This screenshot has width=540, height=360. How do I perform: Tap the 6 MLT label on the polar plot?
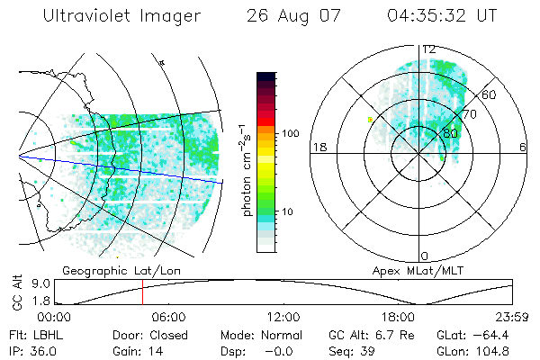click(523, 148)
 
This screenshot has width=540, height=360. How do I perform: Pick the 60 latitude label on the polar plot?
click(490, 94)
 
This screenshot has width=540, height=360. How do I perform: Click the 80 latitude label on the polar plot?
click(450, 134)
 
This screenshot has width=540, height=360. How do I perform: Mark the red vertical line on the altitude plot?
click(142, 292)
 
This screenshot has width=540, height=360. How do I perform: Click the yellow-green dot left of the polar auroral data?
click(369, 118)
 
